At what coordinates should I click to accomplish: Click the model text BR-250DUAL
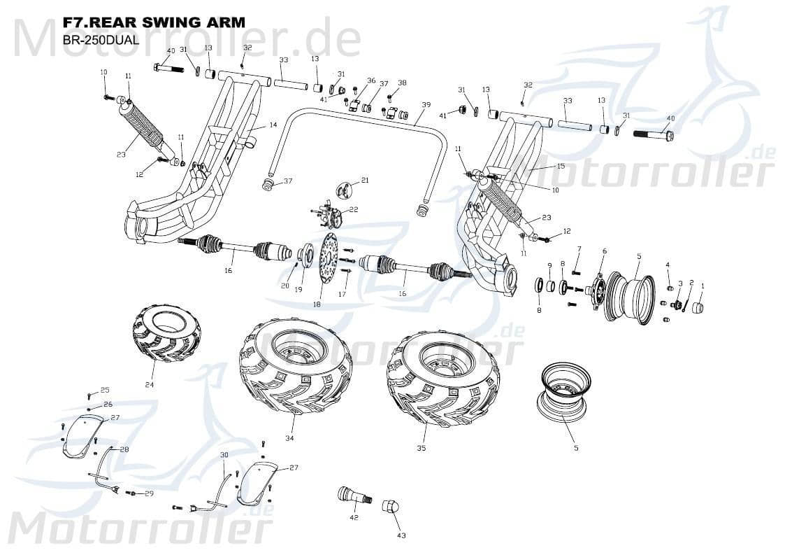coord(100,40)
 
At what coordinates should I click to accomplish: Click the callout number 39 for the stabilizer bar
coord(426,104)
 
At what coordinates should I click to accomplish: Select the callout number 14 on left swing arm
coord(273,125)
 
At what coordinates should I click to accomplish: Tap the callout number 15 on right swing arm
coord(560,166)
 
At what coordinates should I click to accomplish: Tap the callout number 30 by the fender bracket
coord(224,455)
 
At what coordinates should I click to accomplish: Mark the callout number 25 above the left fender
coord(105,390)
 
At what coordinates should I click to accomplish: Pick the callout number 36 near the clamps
coord(371,80)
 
